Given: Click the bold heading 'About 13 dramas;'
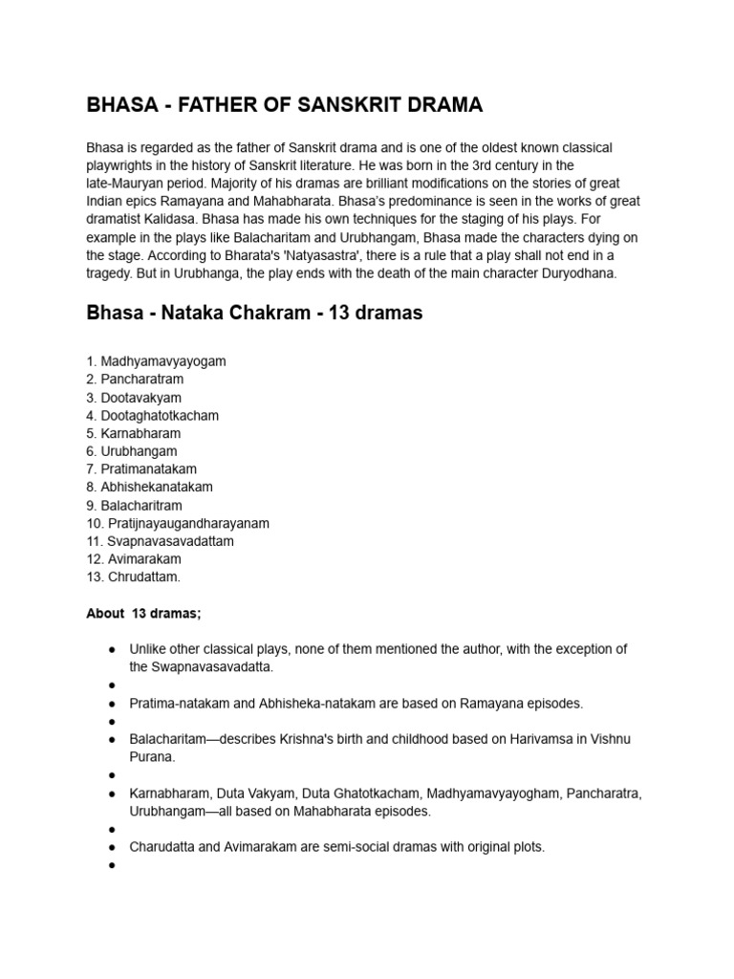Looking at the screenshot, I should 143,614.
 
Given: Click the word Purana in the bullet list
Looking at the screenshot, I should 152,757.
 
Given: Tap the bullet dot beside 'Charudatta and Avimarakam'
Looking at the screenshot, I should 112,847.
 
